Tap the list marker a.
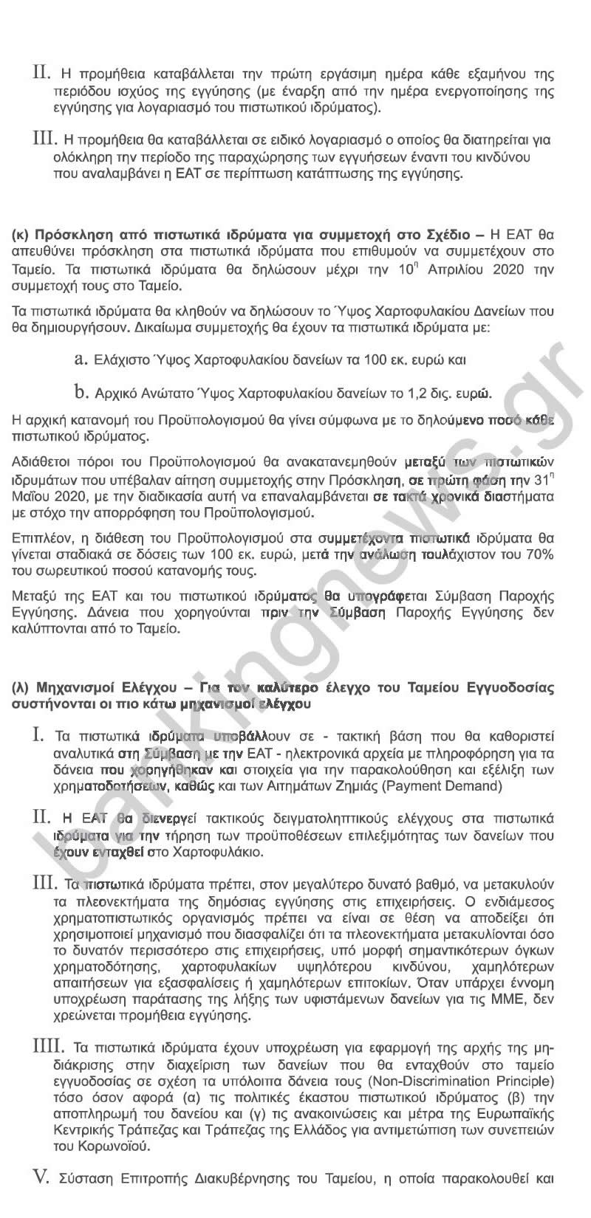81,359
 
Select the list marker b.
81,390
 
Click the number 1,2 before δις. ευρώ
434,391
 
